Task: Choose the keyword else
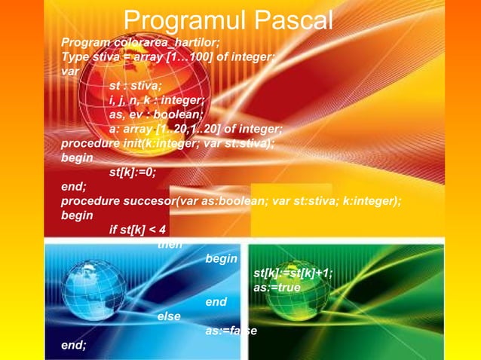pyautogui.click(x=169, y=316)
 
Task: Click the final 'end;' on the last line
pyautogui.click(x=74, y=346)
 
